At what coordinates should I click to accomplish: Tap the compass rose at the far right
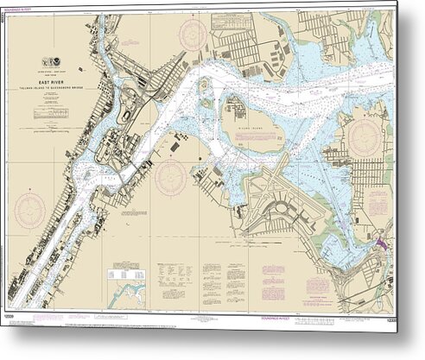pyautogui.click(x=364, y=137)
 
